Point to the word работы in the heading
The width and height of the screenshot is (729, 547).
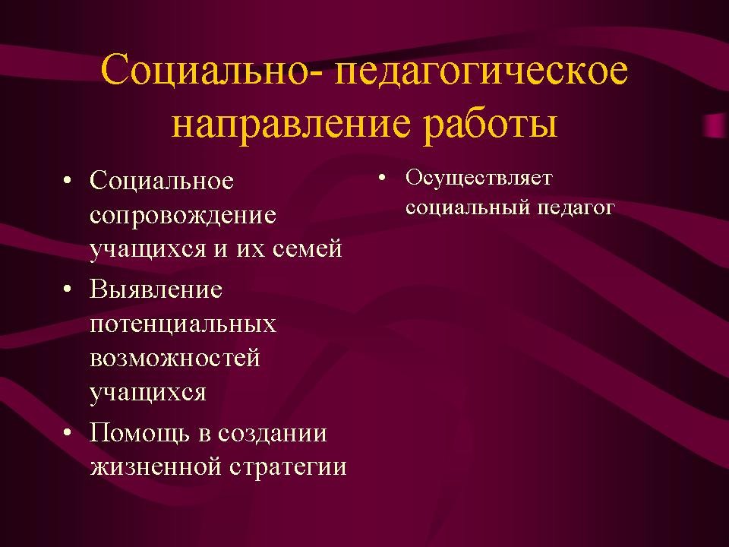point(491,125)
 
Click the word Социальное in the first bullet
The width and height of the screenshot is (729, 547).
point(162,181)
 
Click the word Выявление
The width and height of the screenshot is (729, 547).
point(156,289)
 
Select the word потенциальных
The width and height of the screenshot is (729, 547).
point(183,324)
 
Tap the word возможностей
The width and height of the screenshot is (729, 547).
point(175,358)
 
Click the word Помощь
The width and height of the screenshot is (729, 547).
point(140,433)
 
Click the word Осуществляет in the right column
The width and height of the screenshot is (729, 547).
point(479,179)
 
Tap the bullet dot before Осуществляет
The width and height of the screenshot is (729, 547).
point(382,177)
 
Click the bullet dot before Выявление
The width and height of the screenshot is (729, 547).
point(68,289)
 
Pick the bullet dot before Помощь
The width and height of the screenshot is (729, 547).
point(68,433)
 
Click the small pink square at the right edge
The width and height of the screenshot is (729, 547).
point(716,125)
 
